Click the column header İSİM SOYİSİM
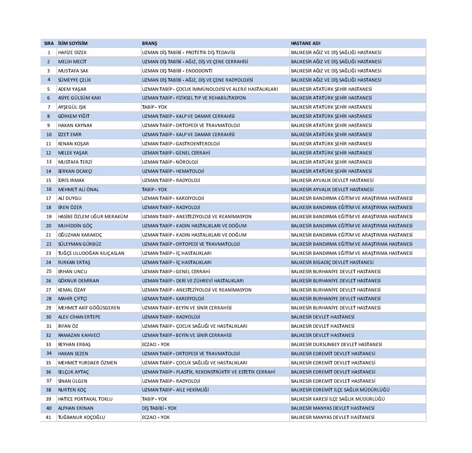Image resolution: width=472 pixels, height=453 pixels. point(73,43)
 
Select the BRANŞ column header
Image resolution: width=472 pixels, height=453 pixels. point(149,43)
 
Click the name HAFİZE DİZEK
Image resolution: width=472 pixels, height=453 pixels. point(72,52)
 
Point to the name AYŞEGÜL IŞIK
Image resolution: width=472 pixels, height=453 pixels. point(72,107)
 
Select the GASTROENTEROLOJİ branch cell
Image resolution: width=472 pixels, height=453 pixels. point(180,144)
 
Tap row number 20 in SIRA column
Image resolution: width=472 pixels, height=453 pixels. point(49,226)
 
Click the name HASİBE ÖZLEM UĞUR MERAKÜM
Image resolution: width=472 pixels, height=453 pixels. point(93,216)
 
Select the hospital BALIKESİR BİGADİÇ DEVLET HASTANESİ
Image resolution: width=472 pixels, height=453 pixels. point(332,262)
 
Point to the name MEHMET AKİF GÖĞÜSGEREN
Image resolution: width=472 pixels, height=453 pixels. point(89,308)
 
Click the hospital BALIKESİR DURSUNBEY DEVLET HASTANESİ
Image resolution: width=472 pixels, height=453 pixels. point(336,344)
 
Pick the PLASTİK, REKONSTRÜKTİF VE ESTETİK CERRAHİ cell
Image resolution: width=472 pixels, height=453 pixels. point(208,372)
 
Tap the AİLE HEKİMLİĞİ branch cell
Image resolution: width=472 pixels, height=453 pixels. point(175,390)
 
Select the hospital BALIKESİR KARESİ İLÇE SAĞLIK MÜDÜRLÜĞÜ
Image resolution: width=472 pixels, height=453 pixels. point(338,399)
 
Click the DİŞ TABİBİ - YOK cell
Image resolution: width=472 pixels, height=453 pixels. point(159,408)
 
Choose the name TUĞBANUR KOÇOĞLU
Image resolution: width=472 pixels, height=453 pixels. point(81,417)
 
